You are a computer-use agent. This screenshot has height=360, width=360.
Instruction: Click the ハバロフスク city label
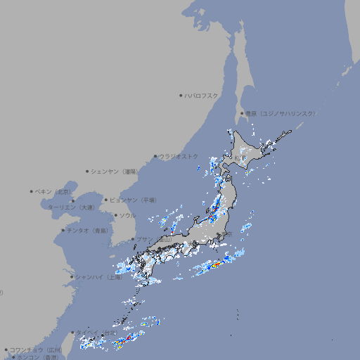coord(201,95)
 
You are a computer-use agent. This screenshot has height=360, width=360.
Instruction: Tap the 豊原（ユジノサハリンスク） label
coord(280,113)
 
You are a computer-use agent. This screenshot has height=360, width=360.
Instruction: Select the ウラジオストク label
coord(179,156)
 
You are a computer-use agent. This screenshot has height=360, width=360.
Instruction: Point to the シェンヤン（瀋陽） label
coord(113,171)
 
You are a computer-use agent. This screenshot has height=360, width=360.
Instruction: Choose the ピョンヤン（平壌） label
coord(133,200)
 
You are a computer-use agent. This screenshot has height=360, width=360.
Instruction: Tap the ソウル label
coord(127,215)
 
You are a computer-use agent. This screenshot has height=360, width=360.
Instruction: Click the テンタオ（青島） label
coord(87,231)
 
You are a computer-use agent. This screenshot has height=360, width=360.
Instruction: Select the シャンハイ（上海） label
coord(99,277)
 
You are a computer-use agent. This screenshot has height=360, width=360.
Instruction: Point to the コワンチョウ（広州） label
coord(36,349)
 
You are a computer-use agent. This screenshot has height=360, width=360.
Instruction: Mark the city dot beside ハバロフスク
coord(181,95)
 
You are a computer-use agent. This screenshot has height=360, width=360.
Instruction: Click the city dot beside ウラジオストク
coord(155,156)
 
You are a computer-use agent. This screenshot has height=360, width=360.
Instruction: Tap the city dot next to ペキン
coord(32,191)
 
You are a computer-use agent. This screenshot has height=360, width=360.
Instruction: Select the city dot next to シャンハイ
coord(72,277)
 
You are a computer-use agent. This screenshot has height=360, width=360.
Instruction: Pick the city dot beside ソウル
coord(115,215)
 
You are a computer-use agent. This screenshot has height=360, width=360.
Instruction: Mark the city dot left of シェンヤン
coord(87,171)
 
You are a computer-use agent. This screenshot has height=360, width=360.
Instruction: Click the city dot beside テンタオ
coord(63,231)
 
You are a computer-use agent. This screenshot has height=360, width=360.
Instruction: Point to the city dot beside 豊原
coord(242,113)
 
